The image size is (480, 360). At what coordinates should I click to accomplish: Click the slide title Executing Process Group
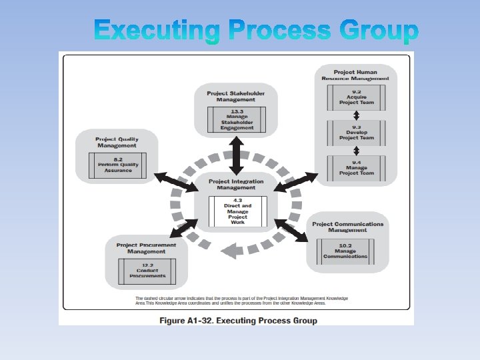click(x=257, y=31)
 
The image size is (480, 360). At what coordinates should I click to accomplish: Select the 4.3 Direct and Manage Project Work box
click(x=237, y=211)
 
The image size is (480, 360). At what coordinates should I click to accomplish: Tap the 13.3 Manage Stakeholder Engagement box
click(x=237, y=121)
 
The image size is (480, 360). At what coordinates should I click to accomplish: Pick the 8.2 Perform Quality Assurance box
click(x=117, y=164)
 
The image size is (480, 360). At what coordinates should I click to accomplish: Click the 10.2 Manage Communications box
click(x=345, y=253)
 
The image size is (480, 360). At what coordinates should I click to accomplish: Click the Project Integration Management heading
click(x=236, y=185)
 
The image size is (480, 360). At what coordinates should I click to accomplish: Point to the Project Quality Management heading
click(x=117, y=142)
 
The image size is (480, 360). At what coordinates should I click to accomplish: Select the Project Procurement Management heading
click(x=146, y=248)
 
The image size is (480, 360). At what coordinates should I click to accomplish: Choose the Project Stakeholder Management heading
click(x=237, y=97)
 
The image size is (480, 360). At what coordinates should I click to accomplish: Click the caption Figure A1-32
click(x=238, y=320)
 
